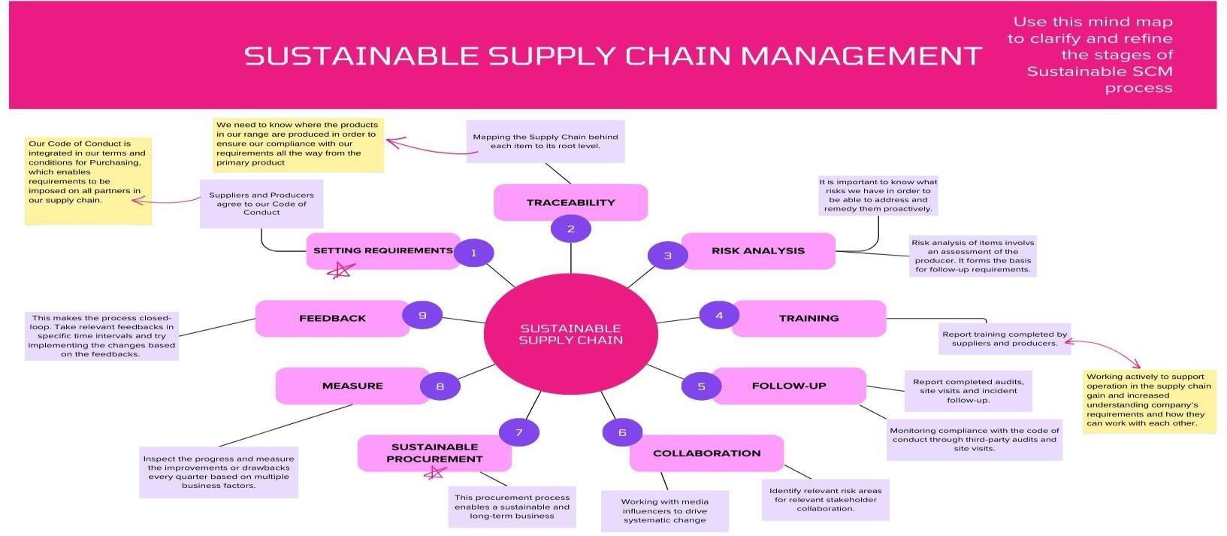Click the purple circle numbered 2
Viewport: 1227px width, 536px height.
570,229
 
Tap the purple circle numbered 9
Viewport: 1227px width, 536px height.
422,315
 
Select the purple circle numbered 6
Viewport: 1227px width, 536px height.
622,432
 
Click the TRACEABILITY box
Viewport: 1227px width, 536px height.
570,202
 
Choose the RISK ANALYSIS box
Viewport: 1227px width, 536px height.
758,250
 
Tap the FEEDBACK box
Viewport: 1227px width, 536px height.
332,318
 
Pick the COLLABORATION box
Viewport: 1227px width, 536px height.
706,453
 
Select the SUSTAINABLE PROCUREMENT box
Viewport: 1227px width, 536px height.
434,453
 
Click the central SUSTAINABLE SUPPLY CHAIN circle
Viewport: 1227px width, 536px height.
570,334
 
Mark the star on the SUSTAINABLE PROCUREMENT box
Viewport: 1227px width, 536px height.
434,473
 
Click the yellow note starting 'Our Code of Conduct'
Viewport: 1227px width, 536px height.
87,180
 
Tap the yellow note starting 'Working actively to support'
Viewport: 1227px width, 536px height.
1149,401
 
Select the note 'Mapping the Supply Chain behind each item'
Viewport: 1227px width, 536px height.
545,141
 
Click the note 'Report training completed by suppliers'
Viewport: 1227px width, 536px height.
1004,339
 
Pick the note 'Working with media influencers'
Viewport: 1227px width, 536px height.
664,511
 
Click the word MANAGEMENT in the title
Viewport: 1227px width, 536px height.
860,56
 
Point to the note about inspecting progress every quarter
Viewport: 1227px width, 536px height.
219,472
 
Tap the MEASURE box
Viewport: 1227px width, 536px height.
352,386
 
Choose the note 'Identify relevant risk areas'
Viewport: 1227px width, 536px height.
825,499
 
